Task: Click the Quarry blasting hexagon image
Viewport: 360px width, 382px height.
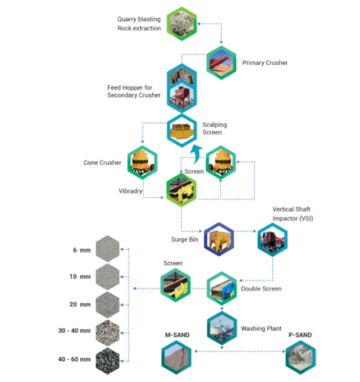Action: click(x=182, y=24)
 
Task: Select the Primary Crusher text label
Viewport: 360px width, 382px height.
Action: click(x=265, y=63)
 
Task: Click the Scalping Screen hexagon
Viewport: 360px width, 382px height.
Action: click(x=182, y=130)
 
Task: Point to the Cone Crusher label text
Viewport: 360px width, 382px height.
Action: click(x=102, y=162)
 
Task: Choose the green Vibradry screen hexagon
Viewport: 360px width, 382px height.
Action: click(x=181, y=189)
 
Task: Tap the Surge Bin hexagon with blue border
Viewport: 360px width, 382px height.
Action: click(x=219, y=238)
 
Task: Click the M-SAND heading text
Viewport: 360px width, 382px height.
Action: click(x=177, y=335)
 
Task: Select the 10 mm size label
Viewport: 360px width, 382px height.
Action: click(x=80, y=277)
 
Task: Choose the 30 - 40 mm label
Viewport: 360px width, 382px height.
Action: click(x=75, y=331)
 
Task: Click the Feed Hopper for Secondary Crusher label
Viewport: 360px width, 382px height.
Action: click(x=134, y=91)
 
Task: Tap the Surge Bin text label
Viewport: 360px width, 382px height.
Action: click(x=185, y=239)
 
